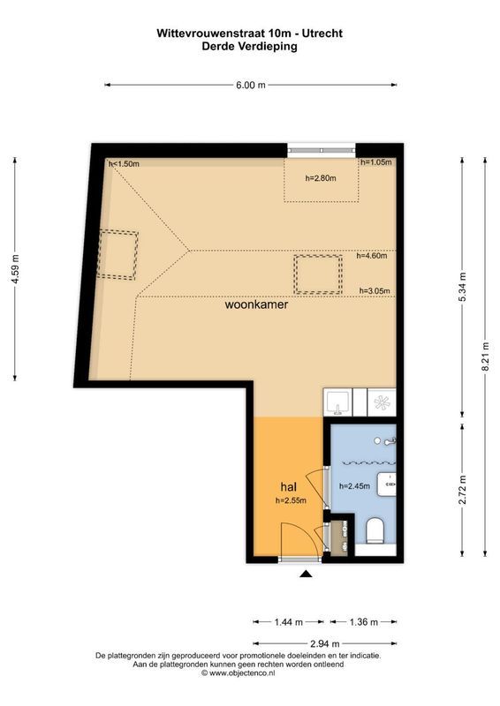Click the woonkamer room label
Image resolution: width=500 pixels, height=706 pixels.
coord(256,309)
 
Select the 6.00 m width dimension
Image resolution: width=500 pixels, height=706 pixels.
coord(250,85)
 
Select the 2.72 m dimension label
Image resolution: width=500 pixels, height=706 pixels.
coord(463,489)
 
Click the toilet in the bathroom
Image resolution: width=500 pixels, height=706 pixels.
coord(373,531)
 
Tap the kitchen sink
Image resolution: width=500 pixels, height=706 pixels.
coord(337,402)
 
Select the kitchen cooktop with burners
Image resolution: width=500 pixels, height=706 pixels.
coord(382,402)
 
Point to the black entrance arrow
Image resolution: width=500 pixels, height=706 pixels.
coord(306,575)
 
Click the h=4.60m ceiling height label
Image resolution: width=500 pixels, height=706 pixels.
coord(374,256)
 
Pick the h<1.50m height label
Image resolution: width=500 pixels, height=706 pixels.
coord(124,164)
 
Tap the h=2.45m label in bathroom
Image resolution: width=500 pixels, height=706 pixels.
coord(353,485)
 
